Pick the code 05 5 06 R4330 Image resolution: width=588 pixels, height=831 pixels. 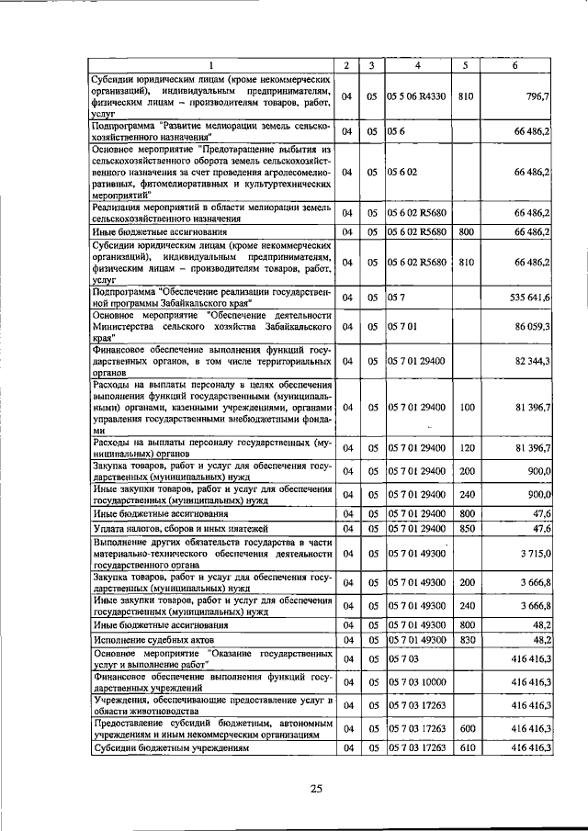[417, 95]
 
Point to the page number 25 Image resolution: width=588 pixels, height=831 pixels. [316, 789]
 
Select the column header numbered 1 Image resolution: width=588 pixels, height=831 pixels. [210, 65]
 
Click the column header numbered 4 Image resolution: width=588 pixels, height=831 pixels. [417, 65]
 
